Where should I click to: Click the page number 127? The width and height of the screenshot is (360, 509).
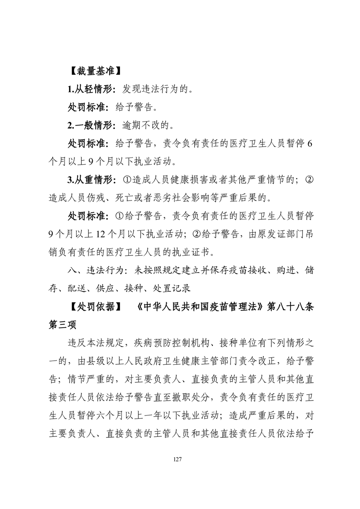[x=178, y=460]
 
